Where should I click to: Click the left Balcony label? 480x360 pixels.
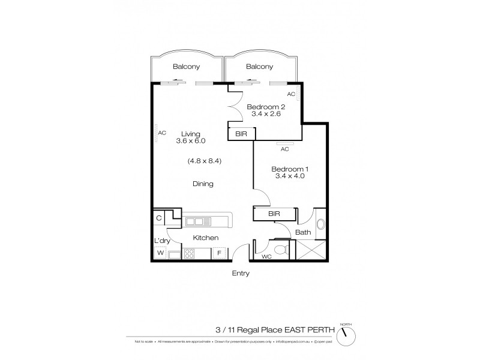186,67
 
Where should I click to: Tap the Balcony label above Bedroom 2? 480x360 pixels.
260,67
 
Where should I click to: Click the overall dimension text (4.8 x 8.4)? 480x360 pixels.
204,161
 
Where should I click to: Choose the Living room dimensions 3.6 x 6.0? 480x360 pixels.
191,141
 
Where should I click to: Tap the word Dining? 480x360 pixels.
203,184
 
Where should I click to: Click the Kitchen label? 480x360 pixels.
205,238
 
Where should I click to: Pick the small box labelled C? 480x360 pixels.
159,218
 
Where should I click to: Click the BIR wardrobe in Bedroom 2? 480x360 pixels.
240,133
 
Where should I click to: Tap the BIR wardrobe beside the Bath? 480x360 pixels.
274,214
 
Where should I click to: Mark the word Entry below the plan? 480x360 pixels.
240,274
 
